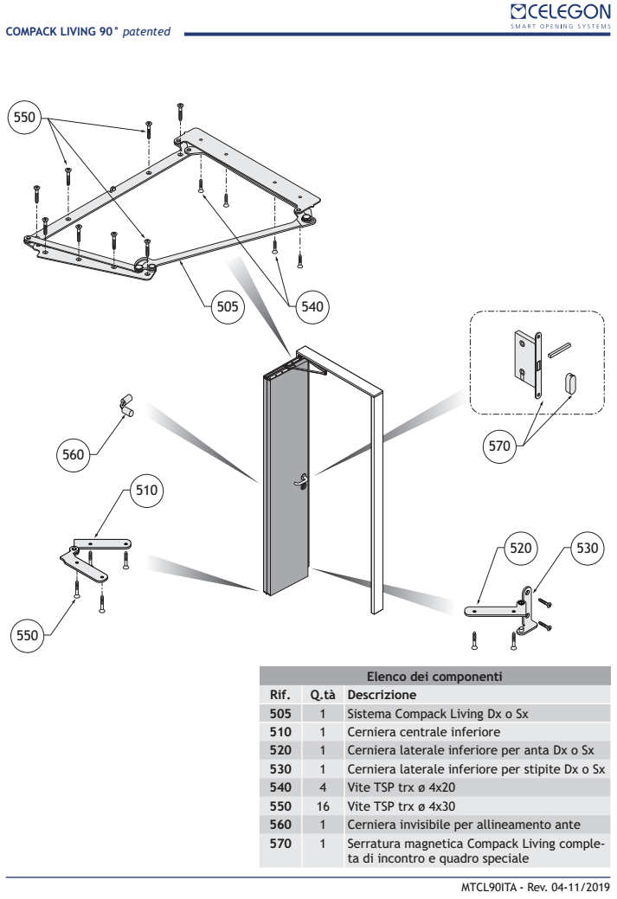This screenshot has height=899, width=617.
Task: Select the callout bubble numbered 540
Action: [x=311, y=305]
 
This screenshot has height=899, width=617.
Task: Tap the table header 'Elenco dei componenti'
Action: [x=435, y=677]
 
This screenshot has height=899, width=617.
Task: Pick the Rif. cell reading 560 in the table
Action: [x=280, y=822]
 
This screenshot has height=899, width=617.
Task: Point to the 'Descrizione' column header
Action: [x=382, y=695]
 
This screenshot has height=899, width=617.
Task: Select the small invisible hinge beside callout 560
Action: [x=125, y=404]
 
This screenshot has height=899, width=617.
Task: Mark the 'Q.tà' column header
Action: [x=323, y=695]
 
